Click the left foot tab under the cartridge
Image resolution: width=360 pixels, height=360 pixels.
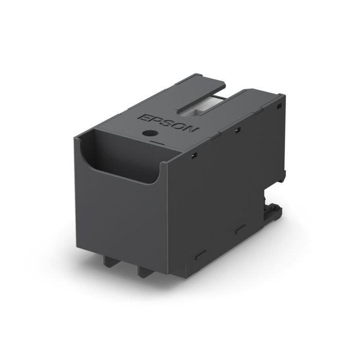(x=114, y=259)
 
